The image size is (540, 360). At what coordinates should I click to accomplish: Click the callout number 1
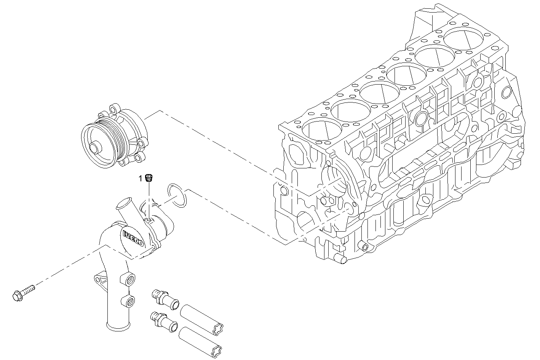click(140, 178)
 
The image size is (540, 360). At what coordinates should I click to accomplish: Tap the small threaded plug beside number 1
click(149, 178)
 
